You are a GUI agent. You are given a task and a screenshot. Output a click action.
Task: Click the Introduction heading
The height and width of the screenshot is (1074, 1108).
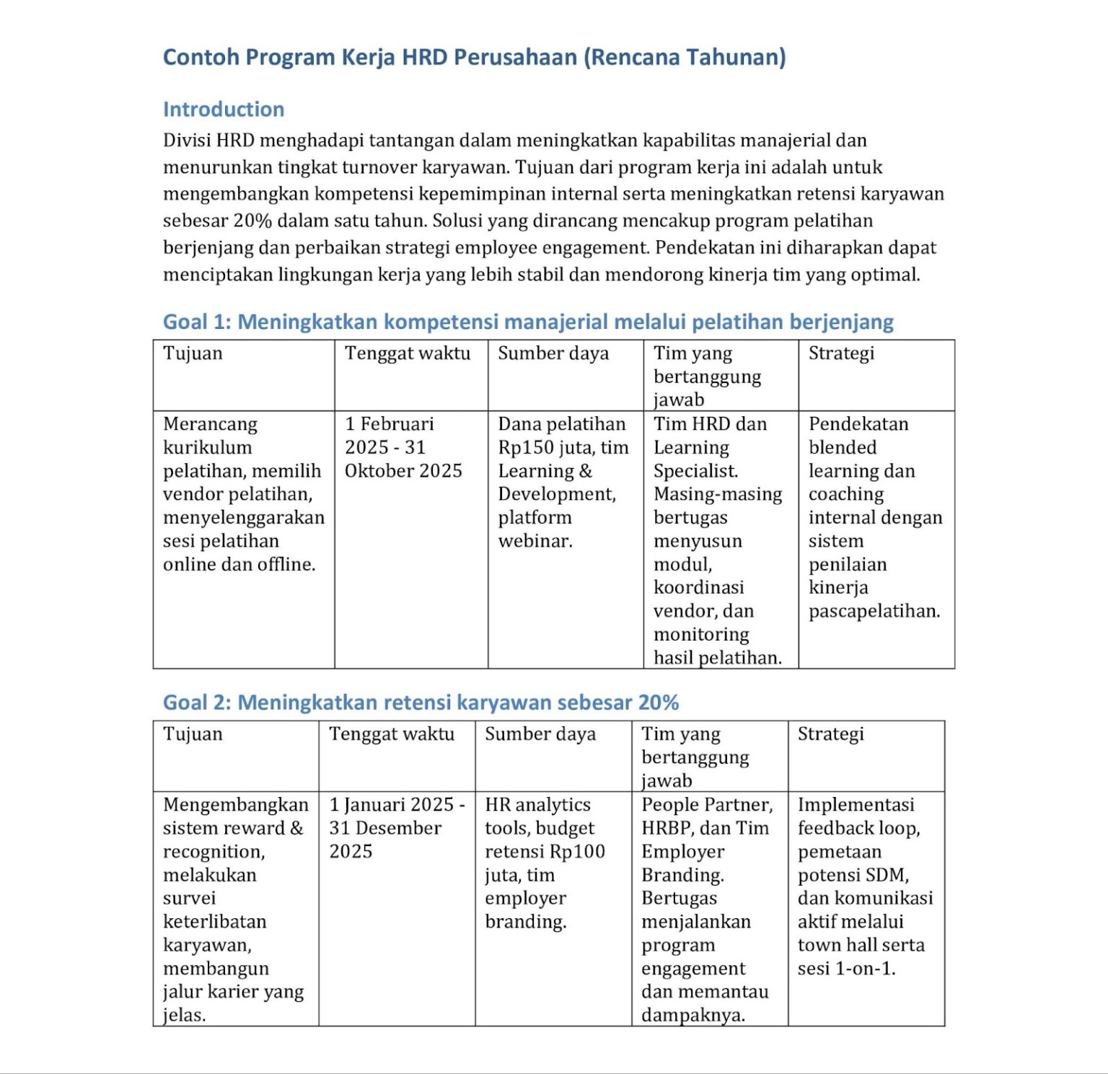tap(224, 109)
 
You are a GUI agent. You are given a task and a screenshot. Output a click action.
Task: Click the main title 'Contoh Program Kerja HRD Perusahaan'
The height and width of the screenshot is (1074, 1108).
tap(474, 57)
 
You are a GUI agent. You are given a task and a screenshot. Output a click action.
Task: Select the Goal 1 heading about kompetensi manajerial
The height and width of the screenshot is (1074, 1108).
tap(528, 322)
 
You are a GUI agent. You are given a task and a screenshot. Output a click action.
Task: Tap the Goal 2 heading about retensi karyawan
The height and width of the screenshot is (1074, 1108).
tap(421, 703)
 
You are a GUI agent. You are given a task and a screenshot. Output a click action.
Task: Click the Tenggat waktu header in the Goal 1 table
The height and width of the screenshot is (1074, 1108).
tap(408, 353)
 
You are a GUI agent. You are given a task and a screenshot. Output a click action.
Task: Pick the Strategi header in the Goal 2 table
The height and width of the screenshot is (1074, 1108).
tap(830, 734)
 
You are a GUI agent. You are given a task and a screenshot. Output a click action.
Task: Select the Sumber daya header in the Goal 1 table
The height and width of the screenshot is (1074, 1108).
tap(553, 353)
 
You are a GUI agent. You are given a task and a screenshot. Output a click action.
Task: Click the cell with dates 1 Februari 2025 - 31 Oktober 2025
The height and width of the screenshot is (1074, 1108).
tap(403, 447)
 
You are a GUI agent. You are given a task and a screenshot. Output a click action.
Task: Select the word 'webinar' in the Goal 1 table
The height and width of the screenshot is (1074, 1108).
tap(533, 541)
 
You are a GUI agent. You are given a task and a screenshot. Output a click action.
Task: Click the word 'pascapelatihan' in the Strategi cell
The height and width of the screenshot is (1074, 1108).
tap(874, 612)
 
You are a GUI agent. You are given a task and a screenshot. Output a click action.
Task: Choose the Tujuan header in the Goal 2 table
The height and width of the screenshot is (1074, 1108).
tap(193, 734)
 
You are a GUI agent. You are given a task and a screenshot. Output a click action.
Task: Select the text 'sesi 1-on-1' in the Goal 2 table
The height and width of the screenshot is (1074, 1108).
tap(845, 969)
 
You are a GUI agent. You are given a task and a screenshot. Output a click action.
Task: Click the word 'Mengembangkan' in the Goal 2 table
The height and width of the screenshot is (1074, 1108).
tap(236, 805)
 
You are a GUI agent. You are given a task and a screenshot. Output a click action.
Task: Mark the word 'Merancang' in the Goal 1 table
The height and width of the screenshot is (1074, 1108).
tap(210, 424)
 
